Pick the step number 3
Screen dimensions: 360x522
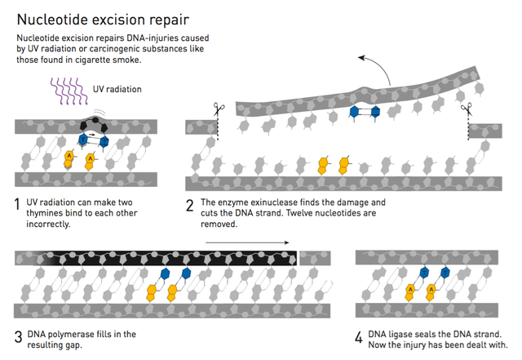click(x=18, y=335)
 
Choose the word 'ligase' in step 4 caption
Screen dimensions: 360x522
click(x=406, y=334)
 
